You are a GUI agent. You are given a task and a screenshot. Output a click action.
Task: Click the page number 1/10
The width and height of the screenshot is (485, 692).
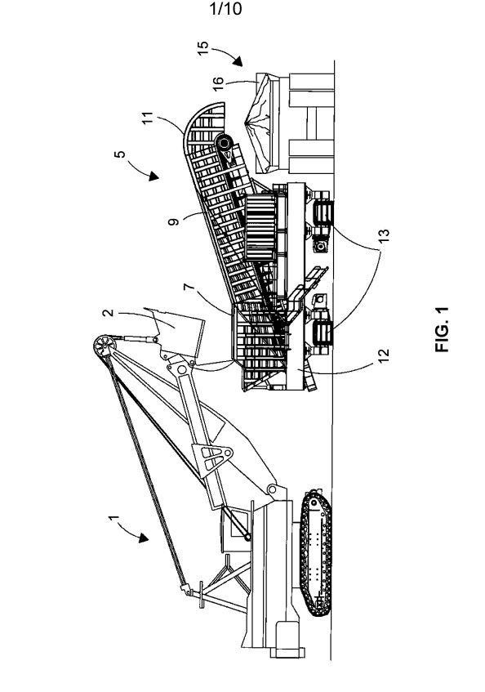coord(226,9)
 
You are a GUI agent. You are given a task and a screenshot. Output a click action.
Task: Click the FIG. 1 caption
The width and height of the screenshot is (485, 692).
coord(442,329)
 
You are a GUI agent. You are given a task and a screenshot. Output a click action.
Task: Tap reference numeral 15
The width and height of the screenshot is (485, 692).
coord(202,47)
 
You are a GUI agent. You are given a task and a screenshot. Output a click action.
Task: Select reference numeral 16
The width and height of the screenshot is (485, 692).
coord(218,83)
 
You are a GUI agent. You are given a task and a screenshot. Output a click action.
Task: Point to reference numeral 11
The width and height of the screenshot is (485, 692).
coord(148,118)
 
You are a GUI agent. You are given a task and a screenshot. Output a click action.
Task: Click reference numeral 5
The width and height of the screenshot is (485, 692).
coord(119,154)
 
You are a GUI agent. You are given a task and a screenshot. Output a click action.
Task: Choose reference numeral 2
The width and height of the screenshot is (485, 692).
coord(108,313)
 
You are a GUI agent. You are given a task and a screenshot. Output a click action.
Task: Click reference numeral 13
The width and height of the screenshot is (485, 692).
coord(384,234)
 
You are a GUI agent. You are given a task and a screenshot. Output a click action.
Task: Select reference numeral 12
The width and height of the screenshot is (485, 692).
coord(384,355)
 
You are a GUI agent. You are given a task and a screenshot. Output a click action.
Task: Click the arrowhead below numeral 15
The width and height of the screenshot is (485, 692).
coord(238,62)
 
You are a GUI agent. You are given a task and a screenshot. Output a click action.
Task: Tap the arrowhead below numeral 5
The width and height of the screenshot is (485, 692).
coord(153,176)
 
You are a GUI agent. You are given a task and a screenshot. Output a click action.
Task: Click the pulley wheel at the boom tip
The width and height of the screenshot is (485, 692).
coord(102,345)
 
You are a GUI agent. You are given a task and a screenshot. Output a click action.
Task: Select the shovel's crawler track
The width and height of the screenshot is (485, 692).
coord(315,551)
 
